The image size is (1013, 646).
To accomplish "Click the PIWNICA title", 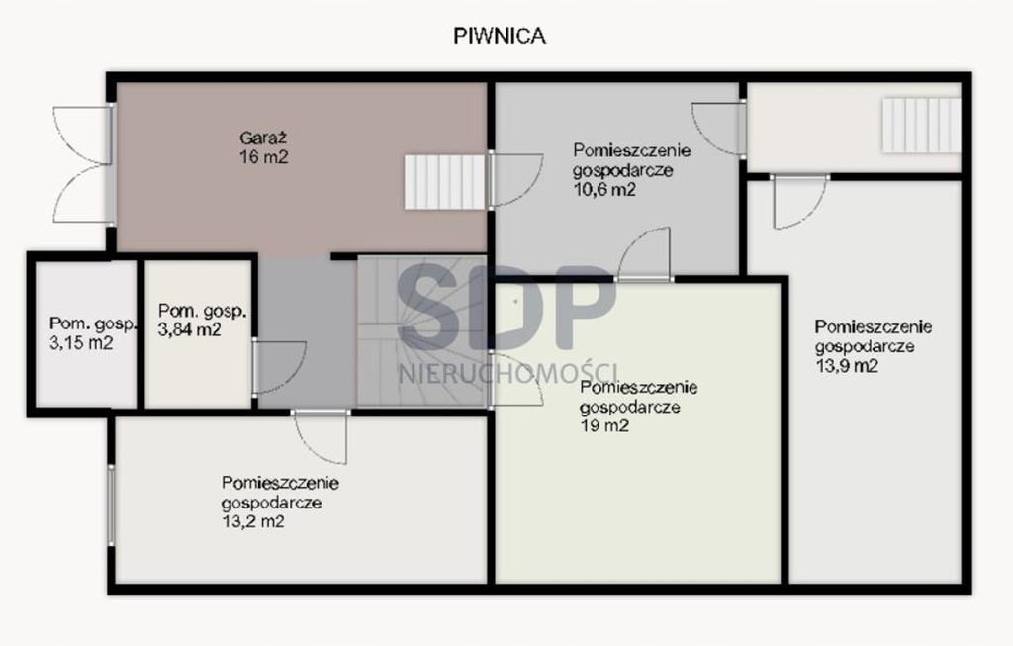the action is [x=500, y=37].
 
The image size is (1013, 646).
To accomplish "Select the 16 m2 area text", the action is [x=263, y=157].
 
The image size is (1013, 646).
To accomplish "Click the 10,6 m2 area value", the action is [x=604, y=189].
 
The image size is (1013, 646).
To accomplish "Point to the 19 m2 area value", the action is [x=604, y=425].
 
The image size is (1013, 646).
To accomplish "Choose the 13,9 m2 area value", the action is [x=847, y=366].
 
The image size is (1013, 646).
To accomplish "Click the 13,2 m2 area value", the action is [x=252, y=521].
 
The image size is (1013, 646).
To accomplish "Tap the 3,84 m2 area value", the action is [x=189, y=329].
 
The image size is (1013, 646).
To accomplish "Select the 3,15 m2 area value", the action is [x=81, y=343].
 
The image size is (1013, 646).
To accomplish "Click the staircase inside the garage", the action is [x=444, y=181].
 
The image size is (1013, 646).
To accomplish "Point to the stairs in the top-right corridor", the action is [x=921, y=126].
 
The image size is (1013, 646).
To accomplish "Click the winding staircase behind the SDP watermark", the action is [x=421, y=331].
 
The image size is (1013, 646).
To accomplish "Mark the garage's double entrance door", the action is [x=84, y=165].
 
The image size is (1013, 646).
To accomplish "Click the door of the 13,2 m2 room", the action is [x=322, y=436].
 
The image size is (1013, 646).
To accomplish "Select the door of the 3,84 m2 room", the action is [x=278, y=367].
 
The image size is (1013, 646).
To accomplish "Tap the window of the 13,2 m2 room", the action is [x=111, y=506].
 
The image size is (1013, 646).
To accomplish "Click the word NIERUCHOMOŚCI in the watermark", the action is [x=507, y=374].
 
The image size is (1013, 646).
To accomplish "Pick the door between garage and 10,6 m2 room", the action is [x=514, y=180].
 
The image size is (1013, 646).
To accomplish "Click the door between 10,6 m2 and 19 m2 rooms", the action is [x=644, y=254].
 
